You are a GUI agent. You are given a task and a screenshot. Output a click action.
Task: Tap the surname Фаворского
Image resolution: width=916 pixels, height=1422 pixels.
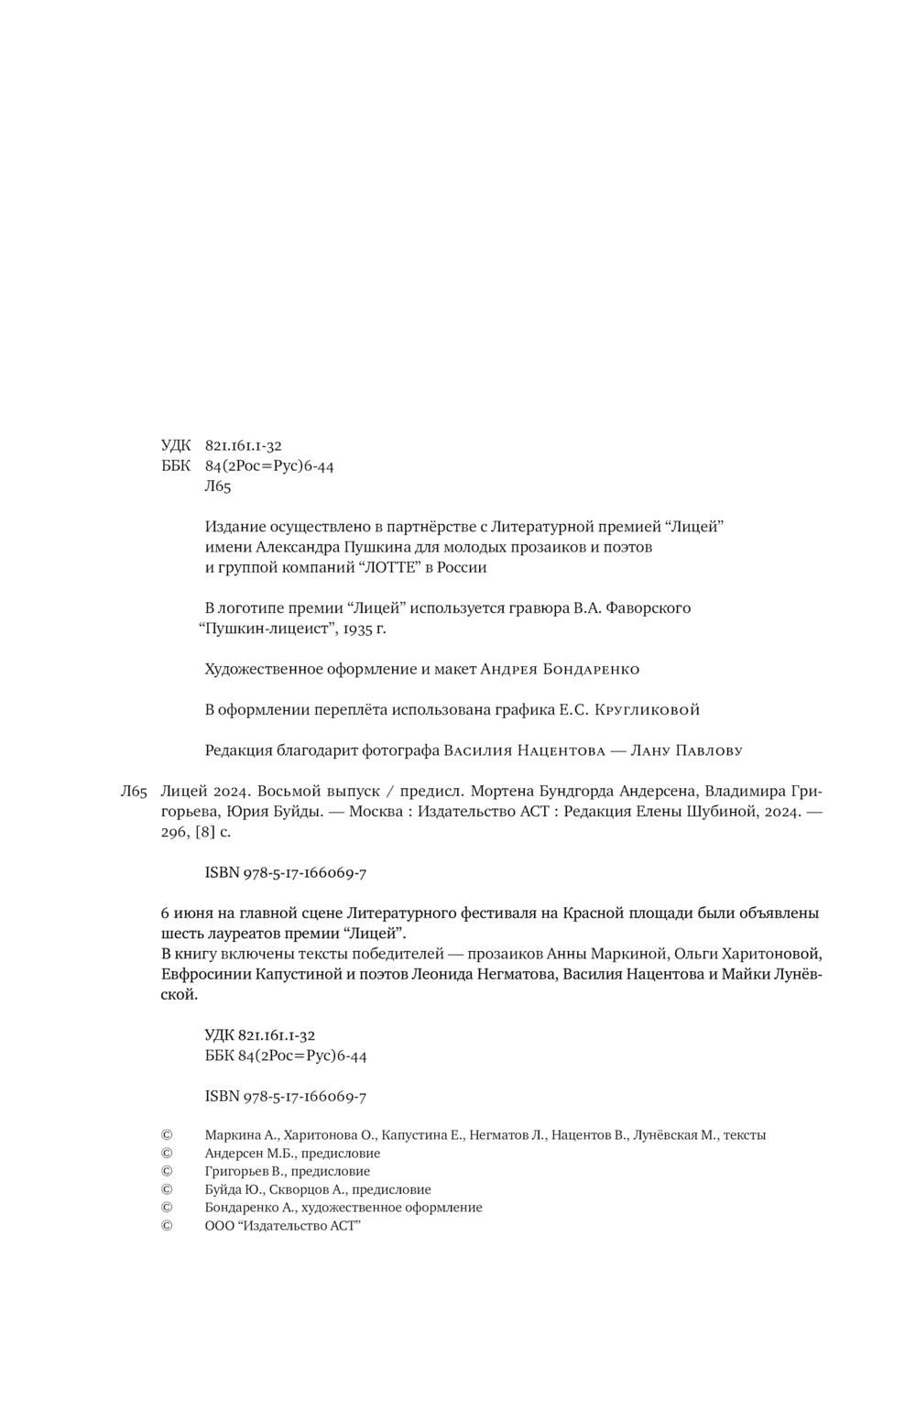[x=648, y=607]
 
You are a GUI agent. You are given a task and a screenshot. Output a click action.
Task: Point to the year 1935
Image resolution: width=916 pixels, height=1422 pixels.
[x=353, y=629]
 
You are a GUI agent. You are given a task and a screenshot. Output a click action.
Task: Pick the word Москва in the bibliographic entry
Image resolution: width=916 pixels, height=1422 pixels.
[x=378, y=812]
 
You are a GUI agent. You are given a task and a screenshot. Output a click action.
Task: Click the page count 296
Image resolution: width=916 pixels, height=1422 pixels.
[x=172, y=832]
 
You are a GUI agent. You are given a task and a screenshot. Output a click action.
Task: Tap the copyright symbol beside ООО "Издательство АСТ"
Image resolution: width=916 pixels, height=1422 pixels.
[x=167, y=1226]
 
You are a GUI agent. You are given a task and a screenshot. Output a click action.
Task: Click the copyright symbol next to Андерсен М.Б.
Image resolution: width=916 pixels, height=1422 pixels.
[x=167, y=1153]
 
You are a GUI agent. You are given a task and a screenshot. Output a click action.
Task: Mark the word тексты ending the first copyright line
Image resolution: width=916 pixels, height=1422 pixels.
[x=744, y=1134]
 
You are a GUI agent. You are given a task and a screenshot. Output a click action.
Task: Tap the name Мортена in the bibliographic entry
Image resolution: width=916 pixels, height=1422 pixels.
[x=499, y=792]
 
